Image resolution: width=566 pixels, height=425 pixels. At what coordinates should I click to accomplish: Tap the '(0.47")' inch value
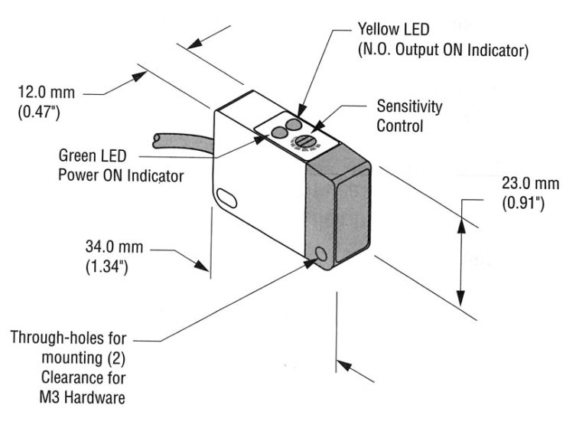38,113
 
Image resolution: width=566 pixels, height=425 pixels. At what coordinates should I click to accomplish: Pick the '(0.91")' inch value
522,204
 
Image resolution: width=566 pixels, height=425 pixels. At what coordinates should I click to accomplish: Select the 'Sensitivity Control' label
409,116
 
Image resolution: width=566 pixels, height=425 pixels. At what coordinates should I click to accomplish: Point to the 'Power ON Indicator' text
122,175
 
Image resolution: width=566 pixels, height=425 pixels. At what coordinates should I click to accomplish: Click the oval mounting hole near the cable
226,198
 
